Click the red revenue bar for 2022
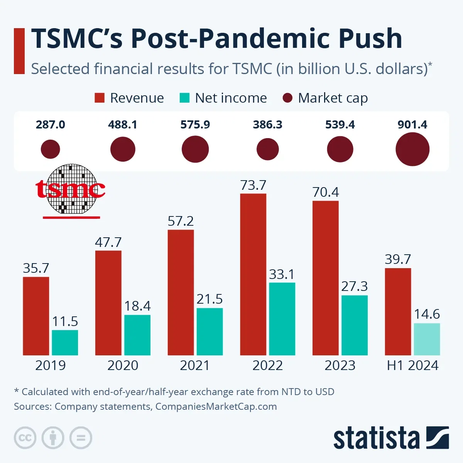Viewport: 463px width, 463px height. coord(253,274)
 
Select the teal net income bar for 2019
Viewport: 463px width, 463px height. coord(65,342)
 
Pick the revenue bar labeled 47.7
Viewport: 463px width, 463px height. coord(108,303)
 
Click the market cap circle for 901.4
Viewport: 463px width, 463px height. coord(412,149)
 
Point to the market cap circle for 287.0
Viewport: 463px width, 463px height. coord(51,149)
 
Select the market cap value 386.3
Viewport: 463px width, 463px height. coord(267,125)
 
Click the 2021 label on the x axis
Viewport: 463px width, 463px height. coord(195,365)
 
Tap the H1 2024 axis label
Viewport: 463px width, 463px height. coord(412,365)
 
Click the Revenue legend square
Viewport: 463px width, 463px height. coord(100,98)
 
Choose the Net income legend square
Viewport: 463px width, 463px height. coord(184,98)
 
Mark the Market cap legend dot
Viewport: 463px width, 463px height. coord(287,98)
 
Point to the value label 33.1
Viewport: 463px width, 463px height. coord(282,274)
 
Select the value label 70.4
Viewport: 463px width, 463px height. coord(326,192)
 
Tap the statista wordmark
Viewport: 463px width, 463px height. coord(376,438)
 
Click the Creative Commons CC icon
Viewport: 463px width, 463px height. coord(25,438)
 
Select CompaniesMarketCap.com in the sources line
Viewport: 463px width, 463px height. coord(216,406)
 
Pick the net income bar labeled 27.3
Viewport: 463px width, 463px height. coord(354,325)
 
